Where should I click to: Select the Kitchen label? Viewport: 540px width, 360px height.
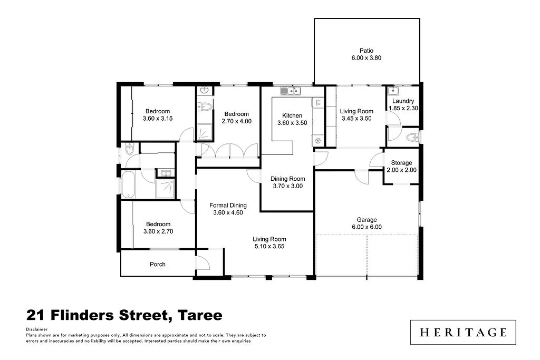tap(292, 116)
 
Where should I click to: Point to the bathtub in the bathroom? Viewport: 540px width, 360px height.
tap(129, 184)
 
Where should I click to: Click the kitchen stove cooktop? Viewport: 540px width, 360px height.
tap(318, 140)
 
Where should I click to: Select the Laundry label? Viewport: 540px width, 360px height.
tap(403, 101)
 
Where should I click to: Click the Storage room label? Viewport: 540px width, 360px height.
tap(401, 163)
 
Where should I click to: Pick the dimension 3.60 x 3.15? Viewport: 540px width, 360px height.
tap(158, 119)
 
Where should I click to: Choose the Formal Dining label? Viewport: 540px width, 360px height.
tap(228, 206)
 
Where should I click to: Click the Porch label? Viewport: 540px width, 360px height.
tap(158, 264)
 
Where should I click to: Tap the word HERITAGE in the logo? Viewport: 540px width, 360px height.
tap(464, 332)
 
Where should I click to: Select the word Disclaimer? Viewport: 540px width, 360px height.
tap(36, 329)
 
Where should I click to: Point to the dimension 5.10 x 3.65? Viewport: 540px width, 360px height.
tap(269, 246)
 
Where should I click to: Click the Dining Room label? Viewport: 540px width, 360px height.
tap(288, 179)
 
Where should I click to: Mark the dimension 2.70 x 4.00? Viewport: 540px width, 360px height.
tap(236, 121)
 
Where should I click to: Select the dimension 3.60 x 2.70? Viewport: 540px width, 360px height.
tap(158, 231)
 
